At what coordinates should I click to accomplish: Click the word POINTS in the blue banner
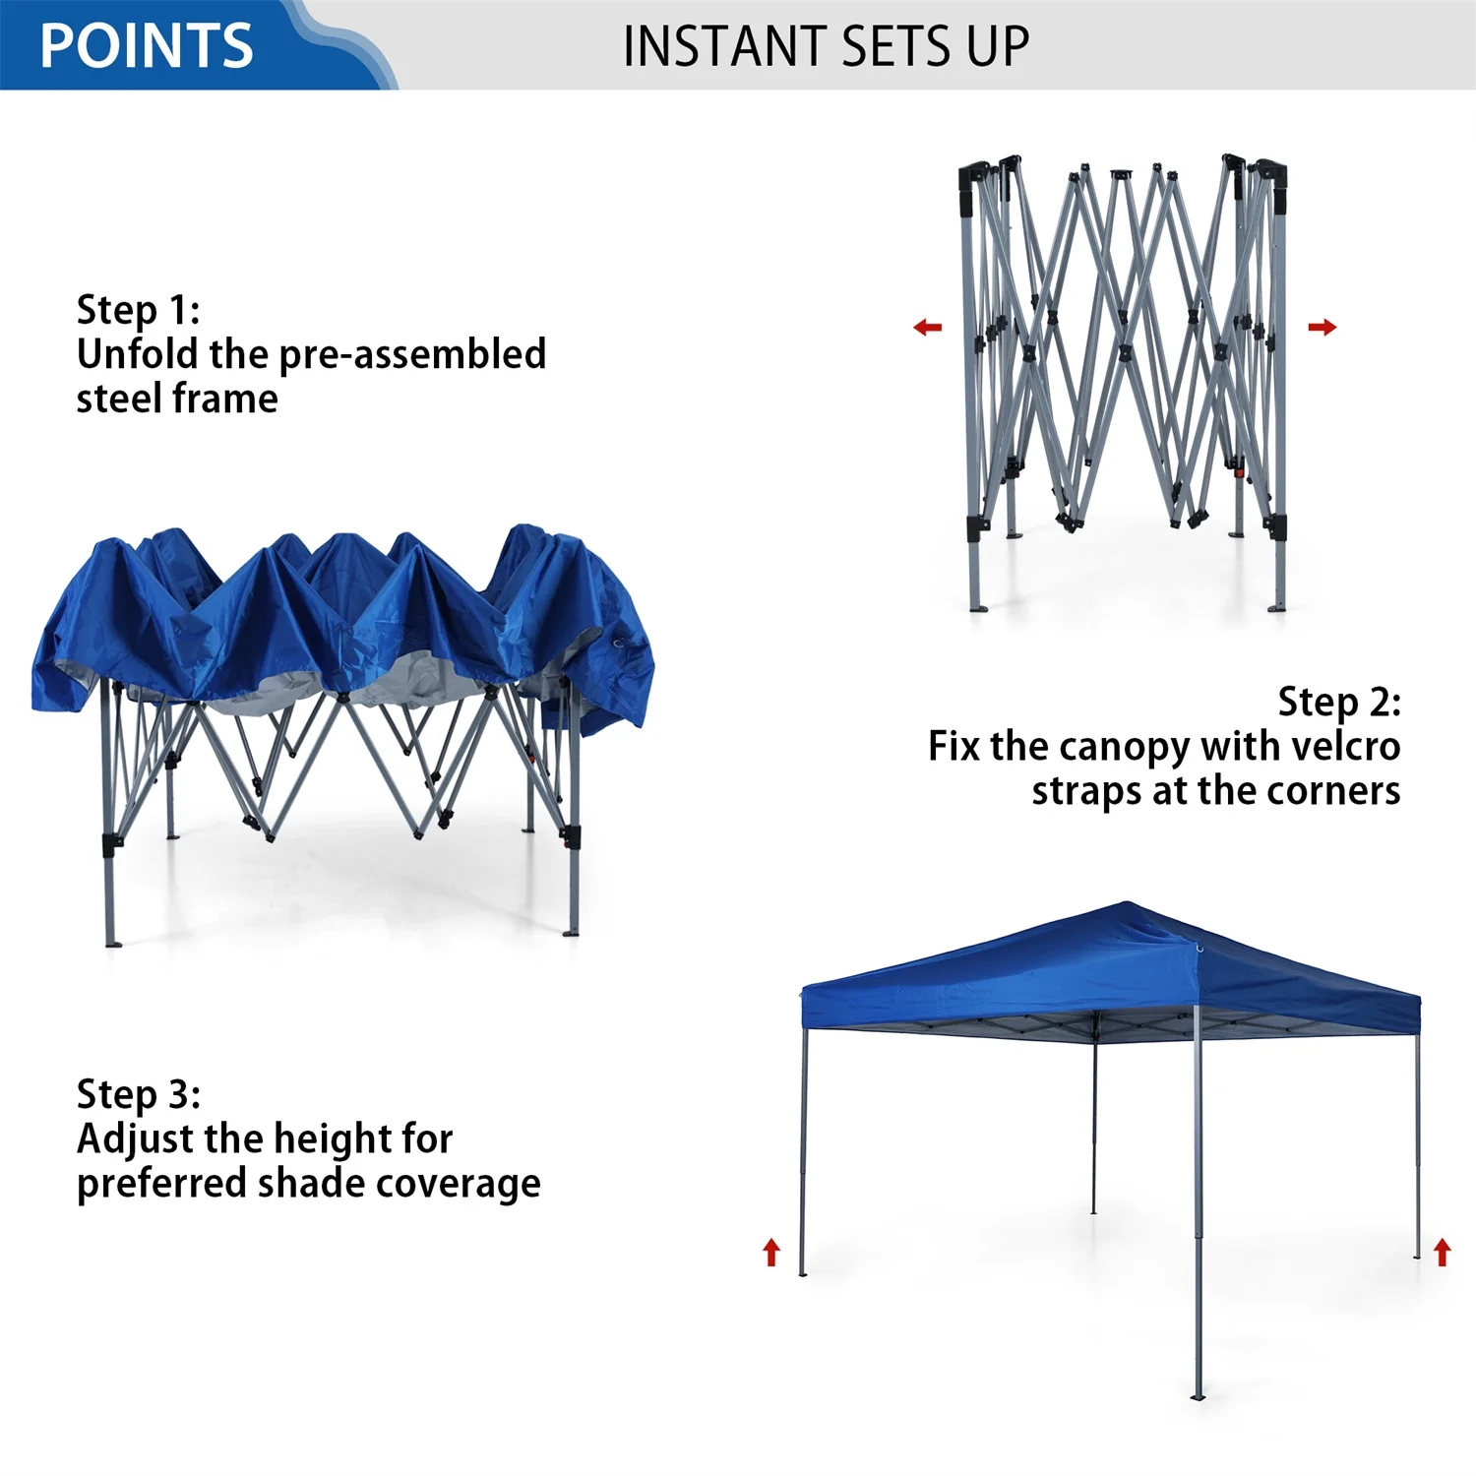tap(147, 46)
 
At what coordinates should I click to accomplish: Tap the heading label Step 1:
tap(139, 310)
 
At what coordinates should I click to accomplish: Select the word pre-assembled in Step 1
tap(412, 355)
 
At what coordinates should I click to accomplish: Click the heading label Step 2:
tap(1338, 702)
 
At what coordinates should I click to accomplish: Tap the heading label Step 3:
tap(139, 1094)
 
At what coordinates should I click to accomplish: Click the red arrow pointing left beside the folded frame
tap(927, 327)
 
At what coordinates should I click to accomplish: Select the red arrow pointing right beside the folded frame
tap(1322, 327)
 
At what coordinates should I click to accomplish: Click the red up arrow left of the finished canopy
tap(771, 1252)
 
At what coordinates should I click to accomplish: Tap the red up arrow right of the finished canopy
tap(1442, 1252)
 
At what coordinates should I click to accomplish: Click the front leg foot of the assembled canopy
tap(1198, 1395)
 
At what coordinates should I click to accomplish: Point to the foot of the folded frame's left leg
tap(977, 607)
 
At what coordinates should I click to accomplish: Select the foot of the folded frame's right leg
tap(1277, 607)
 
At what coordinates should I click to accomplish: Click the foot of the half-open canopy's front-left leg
tap(112, 943)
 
